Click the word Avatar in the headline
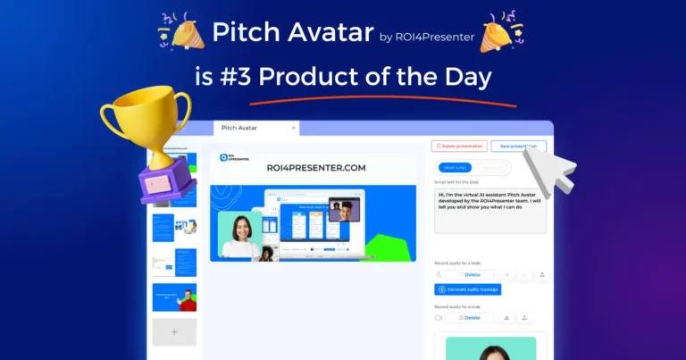(326, 34)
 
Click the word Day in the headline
(464, 77)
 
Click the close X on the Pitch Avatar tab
(295, 129)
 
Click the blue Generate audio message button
(468, 289)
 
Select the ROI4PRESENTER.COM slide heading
(313, 167)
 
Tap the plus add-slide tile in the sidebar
(174, 332)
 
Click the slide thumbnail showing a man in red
(174, 297)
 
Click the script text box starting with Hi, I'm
(489, 210)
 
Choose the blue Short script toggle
(455, 168)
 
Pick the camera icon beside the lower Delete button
(439, 317)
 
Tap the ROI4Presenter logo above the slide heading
(229, 158)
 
